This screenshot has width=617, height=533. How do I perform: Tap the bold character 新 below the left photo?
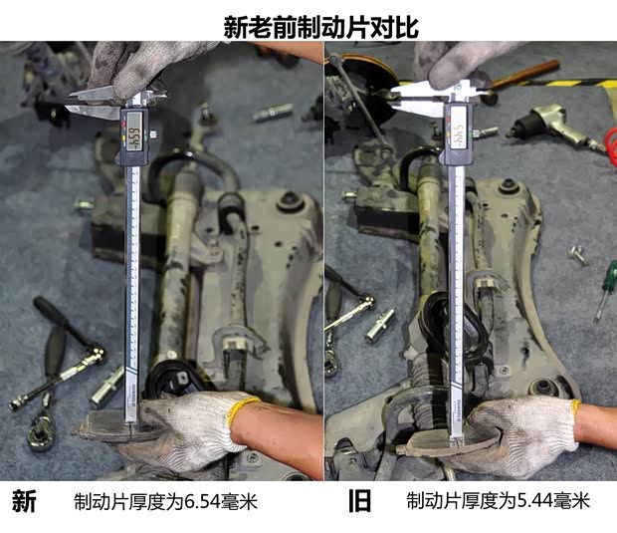(24, 501)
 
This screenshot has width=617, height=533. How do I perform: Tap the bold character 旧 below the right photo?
(359, 501)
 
